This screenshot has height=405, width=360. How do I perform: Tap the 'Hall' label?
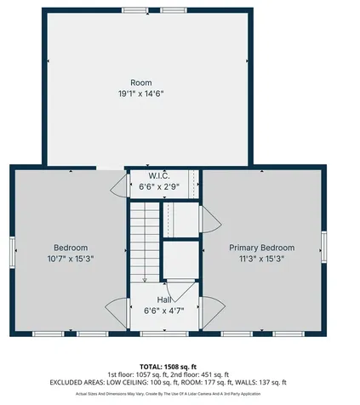tap(163, 300)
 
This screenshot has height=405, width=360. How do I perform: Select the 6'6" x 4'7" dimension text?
tap(163, 311)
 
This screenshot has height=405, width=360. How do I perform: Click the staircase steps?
tap(144, 238)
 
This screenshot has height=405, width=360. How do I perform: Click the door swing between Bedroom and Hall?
tap(117, 310)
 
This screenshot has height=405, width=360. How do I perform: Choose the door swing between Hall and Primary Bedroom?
tap(211, 308)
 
